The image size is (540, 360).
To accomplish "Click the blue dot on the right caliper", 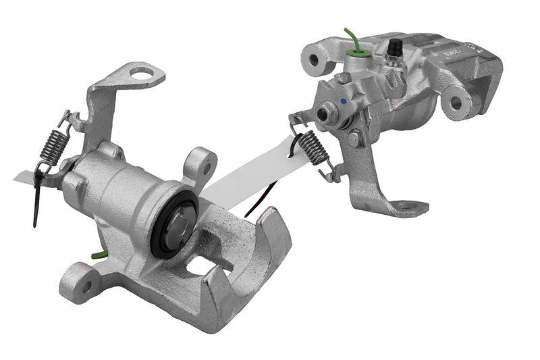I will coord(344,101).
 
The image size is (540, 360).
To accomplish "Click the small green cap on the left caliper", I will coord(98,255).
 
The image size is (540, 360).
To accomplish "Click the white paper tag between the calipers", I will coord(250,179).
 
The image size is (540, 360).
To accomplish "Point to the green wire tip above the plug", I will coord(347,31).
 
